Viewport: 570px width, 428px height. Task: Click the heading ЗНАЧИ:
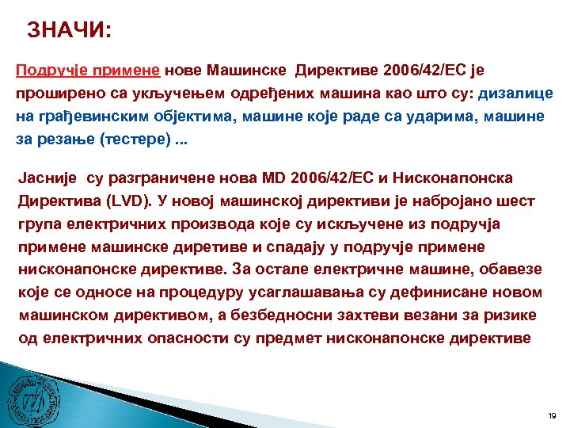click(70, 30)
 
